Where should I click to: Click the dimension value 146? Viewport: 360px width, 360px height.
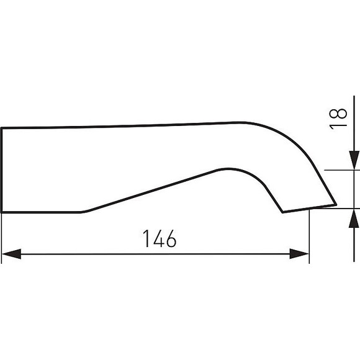tap(160, 239)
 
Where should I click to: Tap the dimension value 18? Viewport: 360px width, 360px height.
tap(338, 119)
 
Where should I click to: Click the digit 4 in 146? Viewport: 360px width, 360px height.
tap(159, 239)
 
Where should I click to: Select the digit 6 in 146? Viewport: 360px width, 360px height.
tap(171, 239)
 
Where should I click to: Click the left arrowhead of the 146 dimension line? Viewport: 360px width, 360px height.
tap(11, 254)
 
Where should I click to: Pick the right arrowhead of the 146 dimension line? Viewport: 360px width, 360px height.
tap(299, 254)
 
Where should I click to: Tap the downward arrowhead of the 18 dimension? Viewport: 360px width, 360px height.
tap(354, 160)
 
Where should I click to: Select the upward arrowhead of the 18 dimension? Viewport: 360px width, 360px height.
tap(354, 218)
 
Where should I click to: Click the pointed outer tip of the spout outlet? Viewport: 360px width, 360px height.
tap(336, 204)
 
